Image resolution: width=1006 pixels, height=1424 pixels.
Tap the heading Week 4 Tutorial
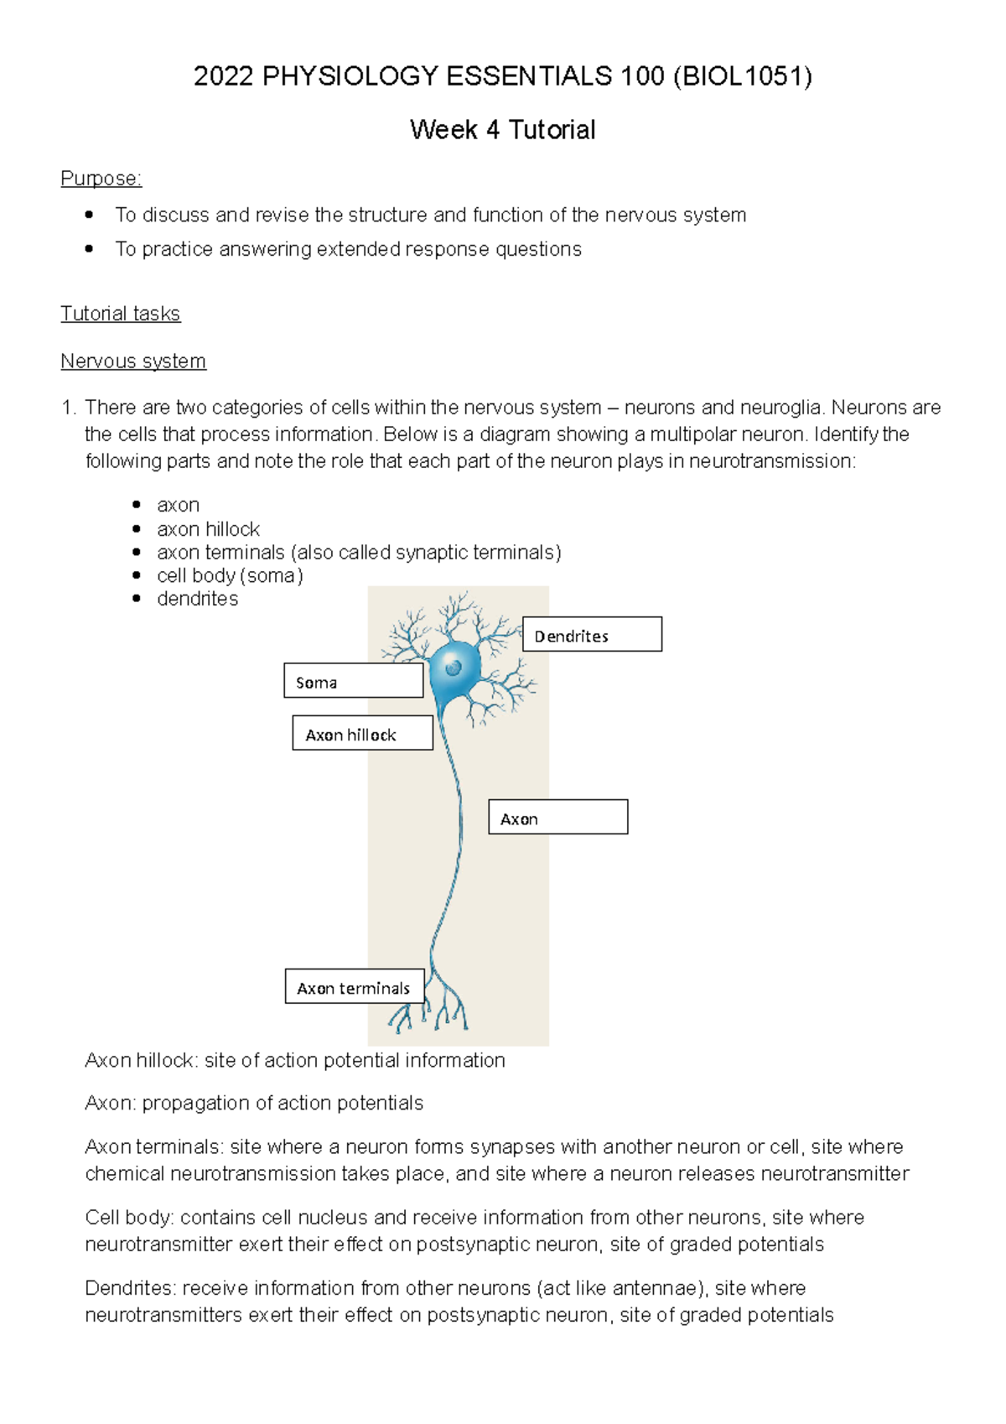pyautogui.click(x=502, y=130)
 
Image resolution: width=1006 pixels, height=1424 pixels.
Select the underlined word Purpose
pyautogui.click(x=101, y=179)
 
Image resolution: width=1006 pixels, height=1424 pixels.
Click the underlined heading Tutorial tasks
pyautogui.click(x=120, y=314)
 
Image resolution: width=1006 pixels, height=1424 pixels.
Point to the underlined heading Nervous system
pyautogui.click(x=132, y=361)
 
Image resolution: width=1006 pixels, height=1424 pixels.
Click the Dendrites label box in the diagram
pyautogui.click(x=592, y=635)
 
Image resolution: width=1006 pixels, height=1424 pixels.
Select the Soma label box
pyautogui.click(x=353, y=681)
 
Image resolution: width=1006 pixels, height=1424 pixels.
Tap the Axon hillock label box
pyautogui.click(x=362, y=733)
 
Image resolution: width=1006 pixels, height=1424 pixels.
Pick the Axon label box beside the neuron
pyautogui.click(x=557, y=817)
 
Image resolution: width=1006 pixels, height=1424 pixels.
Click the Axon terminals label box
pyautogui.click(x=354, y=987)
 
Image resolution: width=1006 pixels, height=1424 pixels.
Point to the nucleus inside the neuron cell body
pyautogui.click(x=454, y=668)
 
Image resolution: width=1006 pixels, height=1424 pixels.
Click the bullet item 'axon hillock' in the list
pyautogui.click(x=208, y=529)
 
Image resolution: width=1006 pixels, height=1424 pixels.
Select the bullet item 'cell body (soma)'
pyautogui.click(x=230, y=575)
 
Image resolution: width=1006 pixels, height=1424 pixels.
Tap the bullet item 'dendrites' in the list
pyautogui.click(x=197, y=599)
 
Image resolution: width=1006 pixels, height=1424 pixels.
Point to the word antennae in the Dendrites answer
pyautogui.click(x=651, y=1288)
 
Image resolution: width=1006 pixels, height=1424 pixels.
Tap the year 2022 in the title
pyautogui.click(x=223, y=77)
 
